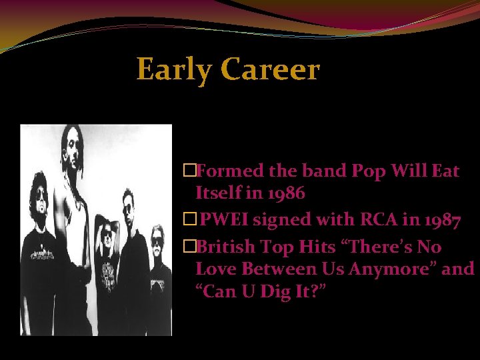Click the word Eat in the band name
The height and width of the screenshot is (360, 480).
pyautogui.click(x=445, y=171)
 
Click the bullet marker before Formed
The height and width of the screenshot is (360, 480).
pyautogui.click(x=189, y=171)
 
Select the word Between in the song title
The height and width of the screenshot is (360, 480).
pyautogui.click(x=265, y=269)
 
